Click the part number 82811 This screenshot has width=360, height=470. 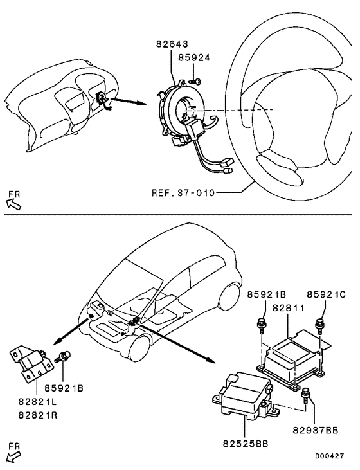click(291, 309)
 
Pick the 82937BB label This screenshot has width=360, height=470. click(314, 428)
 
